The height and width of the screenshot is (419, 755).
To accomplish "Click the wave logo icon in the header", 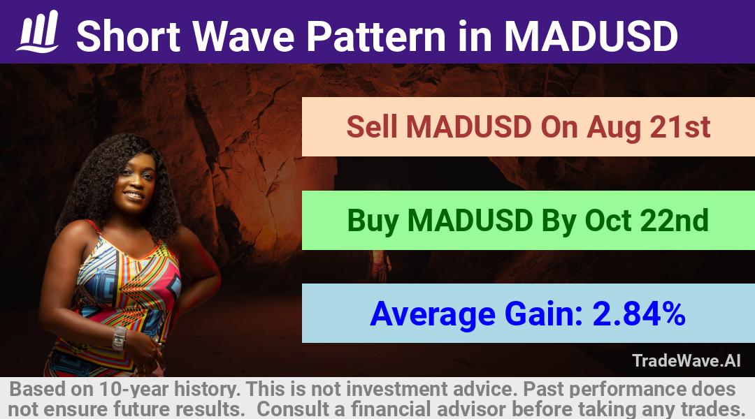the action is coord(38,31).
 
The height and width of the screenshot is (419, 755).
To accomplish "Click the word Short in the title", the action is coord(129,36).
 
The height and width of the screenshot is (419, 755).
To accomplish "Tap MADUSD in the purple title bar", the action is coord(591,36).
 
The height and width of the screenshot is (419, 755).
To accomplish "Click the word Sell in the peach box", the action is coord(372,127).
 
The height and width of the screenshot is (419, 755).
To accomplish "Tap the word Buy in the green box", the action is coord(373,221).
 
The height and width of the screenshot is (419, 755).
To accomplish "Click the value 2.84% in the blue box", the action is coord(639,314).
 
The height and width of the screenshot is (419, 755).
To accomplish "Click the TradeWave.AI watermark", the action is coord(686,360).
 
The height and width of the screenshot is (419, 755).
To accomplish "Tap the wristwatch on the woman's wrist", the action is coord(118,338).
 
